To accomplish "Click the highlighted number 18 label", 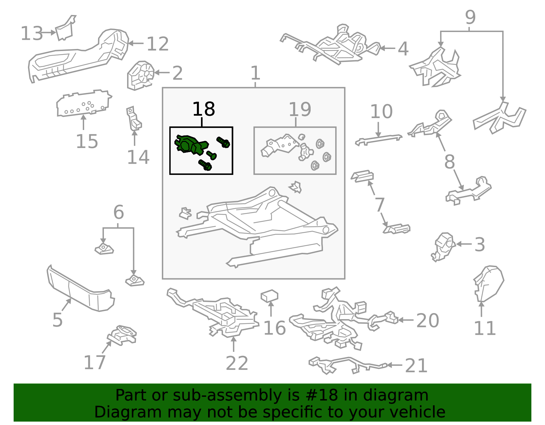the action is [203, 109].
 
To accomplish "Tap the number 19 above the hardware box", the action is [300, 109].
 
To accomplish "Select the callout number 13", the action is [32, 33].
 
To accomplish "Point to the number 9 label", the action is [470, 17].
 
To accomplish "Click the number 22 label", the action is [237, 363].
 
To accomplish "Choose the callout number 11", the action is [485, 328].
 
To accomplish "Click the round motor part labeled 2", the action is [140, 75].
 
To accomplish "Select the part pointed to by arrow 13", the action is [65, 28].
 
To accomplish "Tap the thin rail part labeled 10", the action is [379, 140].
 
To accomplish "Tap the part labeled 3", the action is [443, 247].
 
